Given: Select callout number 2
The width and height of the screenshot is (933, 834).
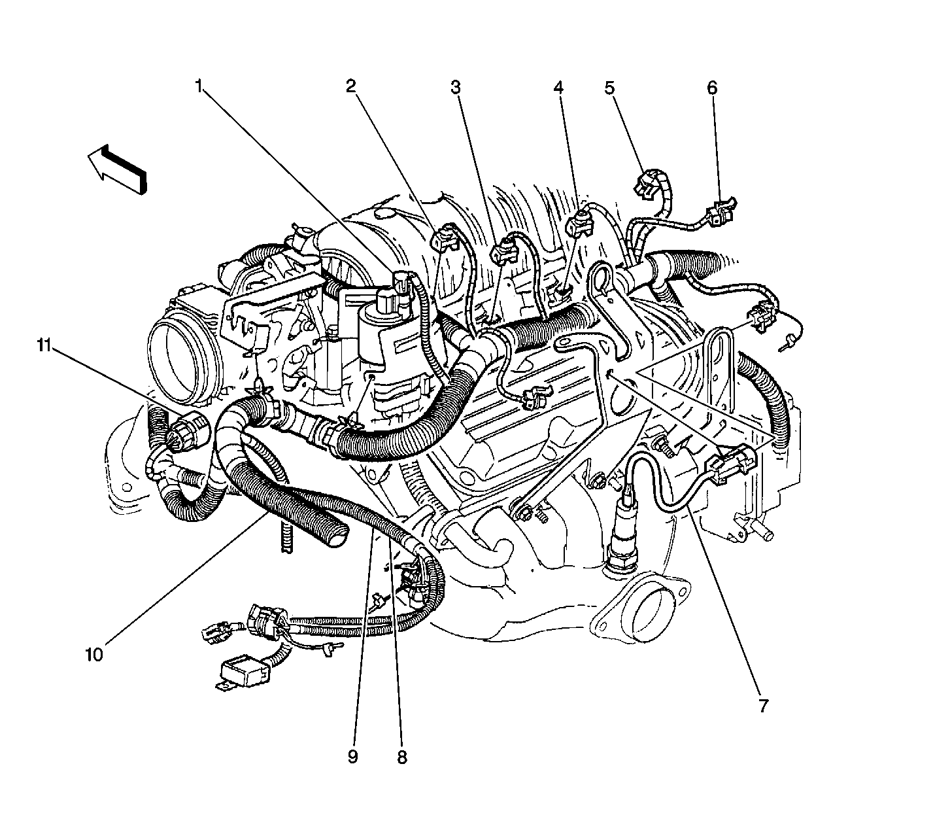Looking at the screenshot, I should (x=351, y=85).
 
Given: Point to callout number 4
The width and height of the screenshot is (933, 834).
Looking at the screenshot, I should (x=558, y=86).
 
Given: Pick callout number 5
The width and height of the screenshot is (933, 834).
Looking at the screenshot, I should (x=609, y=86).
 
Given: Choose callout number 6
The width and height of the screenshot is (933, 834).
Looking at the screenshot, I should (x=711, y=86).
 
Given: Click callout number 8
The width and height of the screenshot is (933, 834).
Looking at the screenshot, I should (x=401, y=757).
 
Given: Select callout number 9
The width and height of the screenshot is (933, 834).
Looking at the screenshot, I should (x=352, y=757).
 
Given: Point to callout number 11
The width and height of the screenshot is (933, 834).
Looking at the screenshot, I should (x=43, y=345).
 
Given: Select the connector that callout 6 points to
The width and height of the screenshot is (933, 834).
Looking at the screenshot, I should (x=721, y=212).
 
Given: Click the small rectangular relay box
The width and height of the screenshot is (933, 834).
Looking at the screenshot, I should (x=246, y=670).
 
